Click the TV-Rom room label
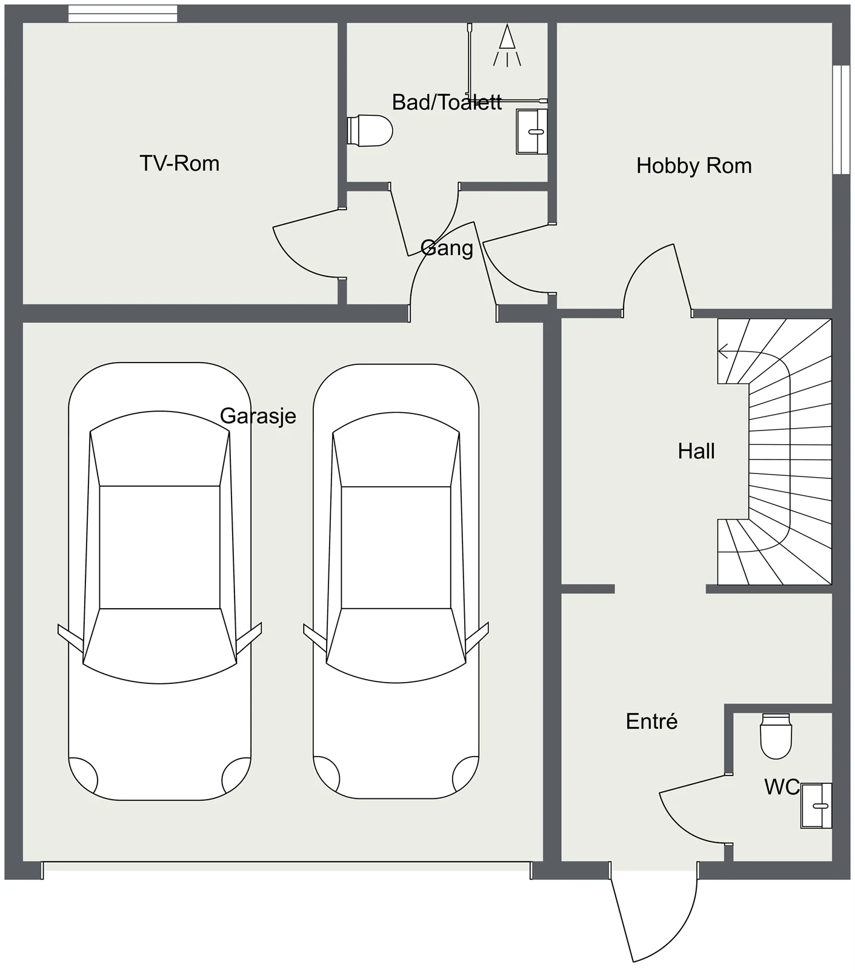(x=179, y=163)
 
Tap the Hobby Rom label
(x=694, y=166)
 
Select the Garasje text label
(x=258, y=416)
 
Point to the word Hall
(x=696, y=451)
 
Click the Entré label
(x=651, y=721)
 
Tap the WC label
(x=782, y=787)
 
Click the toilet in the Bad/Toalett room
(x=370, y=130)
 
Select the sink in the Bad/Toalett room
(x=532, y=132)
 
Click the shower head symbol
(x=507, y=45)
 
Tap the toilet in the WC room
(x=776, y=737)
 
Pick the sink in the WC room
(x=816, y=806)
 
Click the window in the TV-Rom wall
(x=123, y=13)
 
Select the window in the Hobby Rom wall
(x=842, y=119)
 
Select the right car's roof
(x=396, y=547)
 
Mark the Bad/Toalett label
(x=447, y=102)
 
